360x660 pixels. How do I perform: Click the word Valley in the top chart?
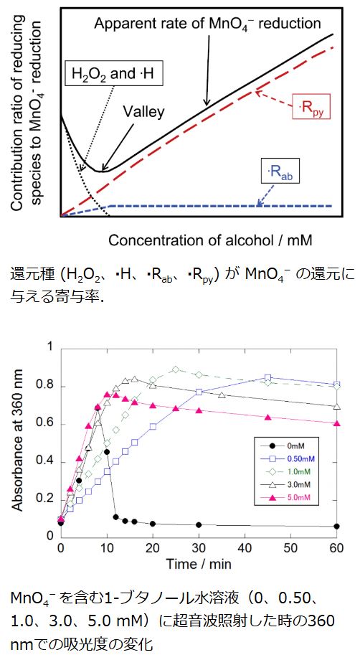(143, 111)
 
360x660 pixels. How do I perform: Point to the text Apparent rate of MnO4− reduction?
(207, 24)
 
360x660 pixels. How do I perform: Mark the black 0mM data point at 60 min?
(336, 526)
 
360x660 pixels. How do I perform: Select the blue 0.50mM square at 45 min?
(267, 377)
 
